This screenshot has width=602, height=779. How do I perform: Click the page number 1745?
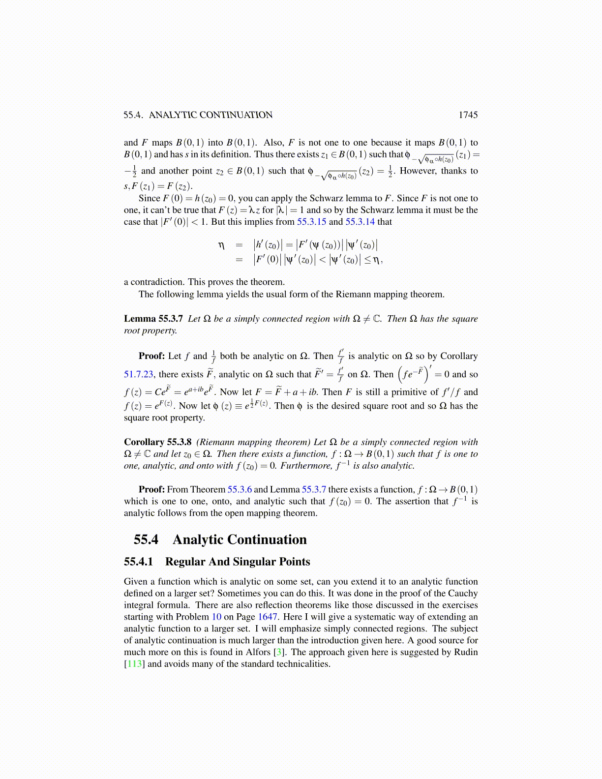tap(468, 115)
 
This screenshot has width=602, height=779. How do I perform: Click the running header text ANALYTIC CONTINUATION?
tap(211, 115)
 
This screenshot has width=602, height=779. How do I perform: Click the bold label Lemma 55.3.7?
tap(153, 319)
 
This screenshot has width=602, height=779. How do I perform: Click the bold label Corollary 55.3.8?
tap(158, 442)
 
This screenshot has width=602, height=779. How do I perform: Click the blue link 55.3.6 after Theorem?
tap(240, 489)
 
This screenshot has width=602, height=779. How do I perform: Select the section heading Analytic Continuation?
tap(240, 539)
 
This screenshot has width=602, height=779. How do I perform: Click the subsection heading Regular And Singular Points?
tap(238, 562)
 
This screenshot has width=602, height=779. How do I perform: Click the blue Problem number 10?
tap(216, 617)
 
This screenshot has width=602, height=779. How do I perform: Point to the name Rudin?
tap(466, 652)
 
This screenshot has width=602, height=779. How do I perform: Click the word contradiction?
tap(156, 282)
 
